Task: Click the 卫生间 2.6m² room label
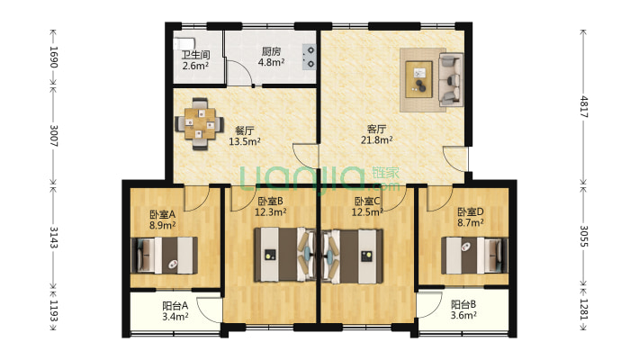coord(195,60)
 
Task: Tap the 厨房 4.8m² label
coord(271,57)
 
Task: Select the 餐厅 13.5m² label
coord(245,136)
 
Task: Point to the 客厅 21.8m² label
coord(376,134)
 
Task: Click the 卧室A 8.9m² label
coord(163,220)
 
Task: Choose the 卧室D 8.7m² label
coord(471,217)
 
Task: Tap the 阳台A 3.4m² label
coord(175,311)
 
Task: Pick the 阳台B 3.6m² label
coord(463,310)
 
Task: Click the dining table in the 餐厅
coord(200,123)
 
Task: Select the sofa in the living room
coord(450,78)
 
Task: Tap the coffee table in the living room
coord(418,79)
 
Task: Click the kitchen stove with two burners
coord(309,57)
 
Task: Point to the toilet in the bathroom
coord(184,43)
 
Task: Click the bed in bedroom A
coord(164,256)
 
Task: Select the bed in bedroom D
coord(474,256)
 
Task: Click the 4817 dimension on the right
coord(584,107)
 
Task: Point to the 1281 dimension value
coord(584,310)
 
